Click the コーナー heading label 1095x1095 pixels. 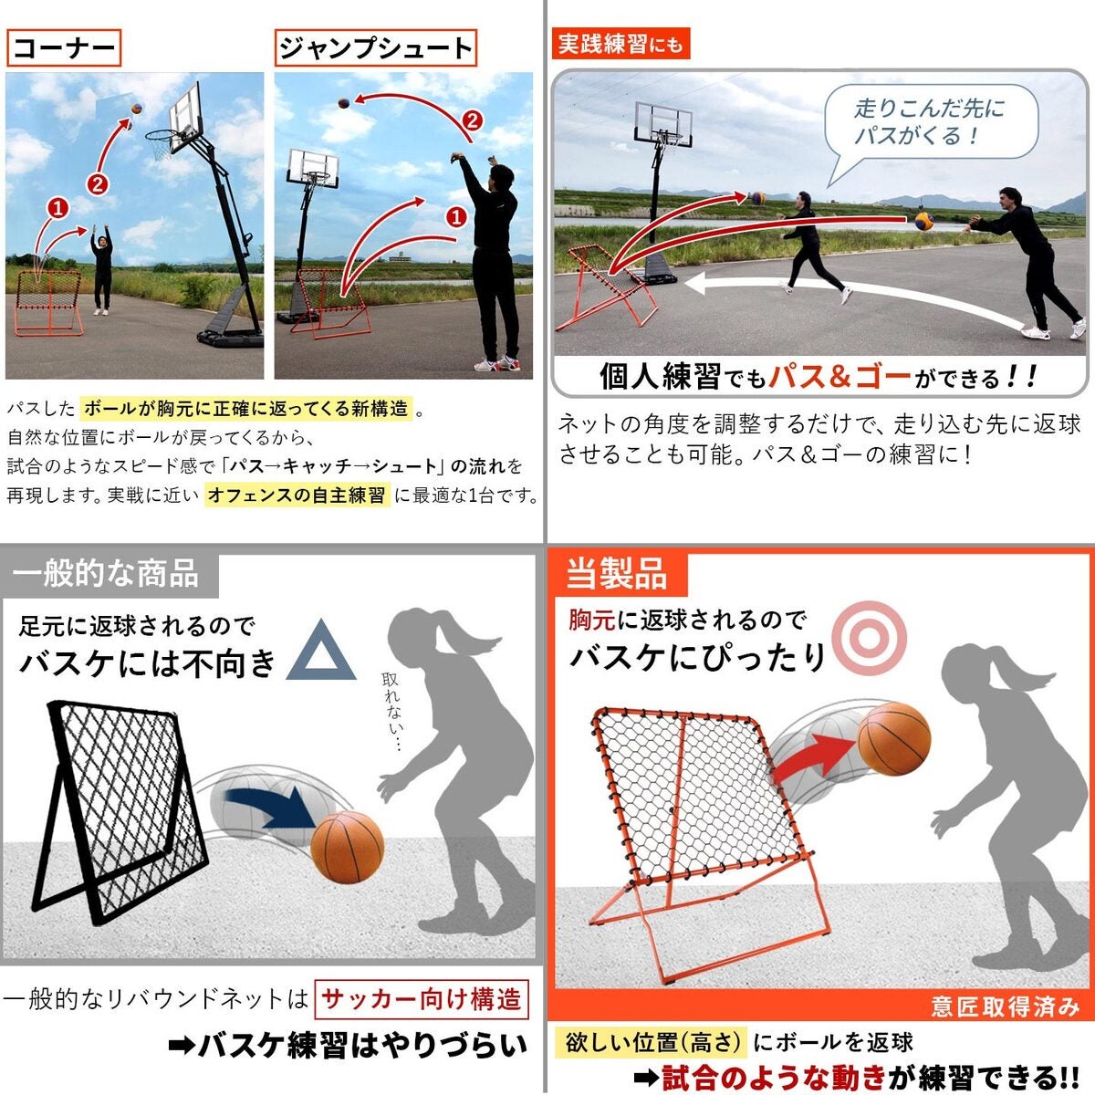point(64,48)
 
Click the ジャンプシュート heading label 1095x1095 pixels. point(376,48)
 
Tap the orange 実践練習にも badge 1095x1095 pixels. point(620,44)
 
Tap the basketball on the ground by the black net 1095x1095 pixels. point(347,847)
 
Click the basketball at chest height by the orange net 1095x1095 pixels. point(894,739)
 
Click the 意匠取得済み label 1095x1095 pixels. point(1004,1006)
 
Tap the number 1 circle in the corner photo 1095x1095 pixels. point(57,209)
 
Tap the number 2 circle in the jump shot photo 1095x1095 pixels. point(472,121)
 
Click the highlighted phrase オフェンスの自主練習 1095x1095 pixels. point(297,495)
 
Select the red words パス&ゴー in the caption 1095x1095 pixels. point(839,376)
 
